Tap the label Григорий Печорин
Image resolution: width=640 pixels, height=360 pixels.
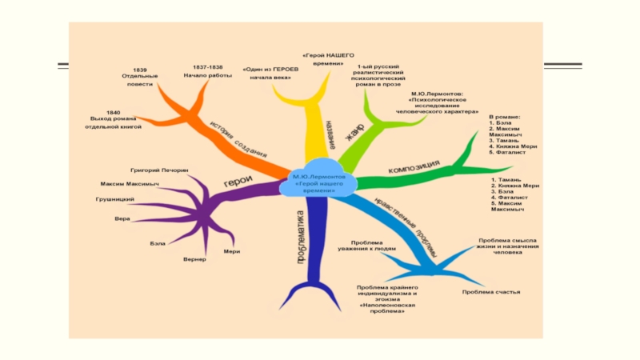click(x=159, y=170)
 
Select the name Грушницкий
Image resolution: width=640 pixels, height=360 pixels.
click(x=115, y=198)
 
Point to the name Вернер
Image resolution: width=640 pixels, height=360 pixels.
click(x=194, y=259)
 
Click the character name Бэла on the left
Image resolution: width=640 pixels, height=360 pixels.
click(x=158, y=242)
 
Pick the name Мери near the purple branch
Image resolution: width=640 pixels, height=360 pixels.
click(x=232, y=252)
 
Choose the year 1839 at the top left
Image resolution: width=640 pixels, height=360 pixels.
click(x=141, y=70)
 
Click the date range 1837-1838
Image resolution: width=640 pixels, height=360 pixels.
click(x=208, y=66)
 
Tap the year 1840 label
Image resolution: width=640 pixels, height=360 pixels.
click(x=114, y=113)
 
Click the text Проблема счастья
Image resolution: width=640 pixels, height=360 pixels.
click(x=491, y=292)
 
